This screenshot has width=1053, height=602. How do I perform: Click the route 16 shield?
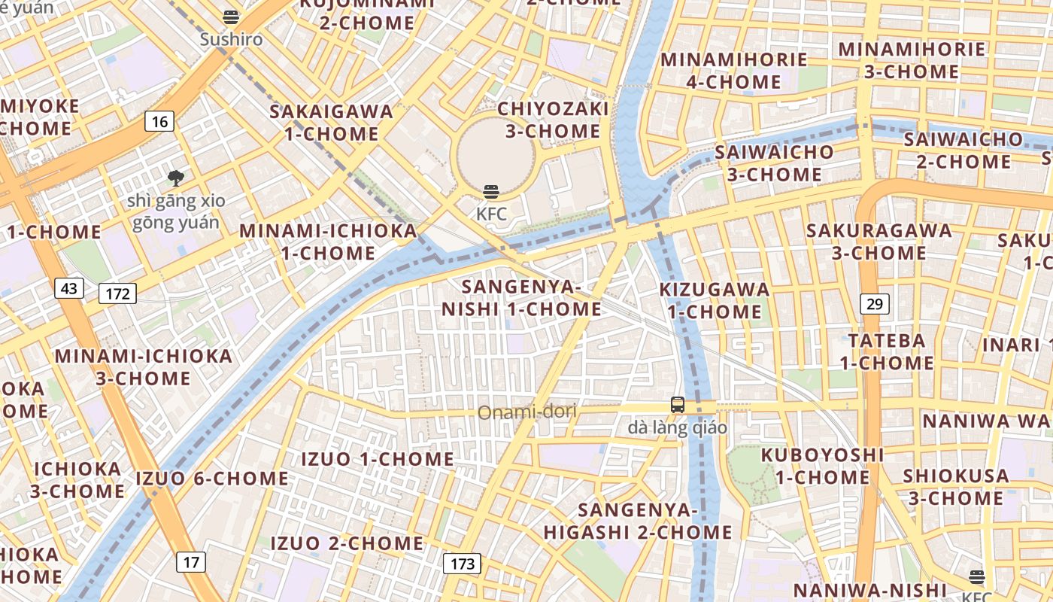[160, 121]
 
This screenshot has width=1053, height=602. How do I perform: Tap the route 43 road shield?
[69, 288]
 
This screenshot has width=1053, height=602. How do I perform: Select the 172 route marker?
[118, 293]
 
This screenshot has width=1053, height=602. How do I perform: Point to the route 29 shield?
[875, 304]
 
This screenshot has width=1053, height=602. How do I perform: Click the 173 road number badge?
[462, 564]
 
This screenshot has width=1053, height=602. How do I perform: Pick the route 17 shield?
[192, 561]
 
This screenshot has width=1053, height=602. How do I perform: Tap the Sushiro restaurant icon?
[231, 17]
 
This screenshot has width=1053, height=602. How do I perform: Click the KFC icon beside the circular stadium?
[491, 192]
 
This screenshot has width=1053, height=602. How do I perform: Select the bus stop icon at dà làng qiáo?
[678, 405]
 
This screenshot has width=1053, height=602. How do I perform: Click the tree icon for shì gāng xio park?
[176, 178]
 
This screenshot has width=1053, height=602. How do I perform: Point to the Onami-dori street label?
[527, 412]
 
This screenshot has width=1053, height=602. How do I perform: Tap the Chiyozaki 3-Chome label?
[553, 120]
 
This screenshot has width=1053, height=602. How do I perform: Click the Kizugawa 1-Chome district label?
[715, 300]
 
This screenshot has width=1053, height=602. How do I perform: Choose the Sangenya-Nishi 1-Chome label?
[521, 298]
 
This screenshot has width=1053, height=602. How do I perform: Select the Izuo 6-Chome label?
[212, 479]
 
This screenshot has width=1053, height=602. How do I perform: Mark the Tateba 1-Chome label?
[887, 351]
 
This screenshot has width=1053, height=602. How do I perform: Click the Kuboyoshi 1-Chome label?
[822, 466]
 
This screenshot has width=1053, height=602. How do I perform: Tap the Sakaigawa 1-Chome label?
[332, 123]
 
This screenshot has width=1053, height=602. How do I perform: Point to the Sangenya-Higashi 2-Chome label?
[638, 521]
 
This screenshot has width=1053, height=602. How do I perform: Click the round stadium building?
[496, 154]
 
